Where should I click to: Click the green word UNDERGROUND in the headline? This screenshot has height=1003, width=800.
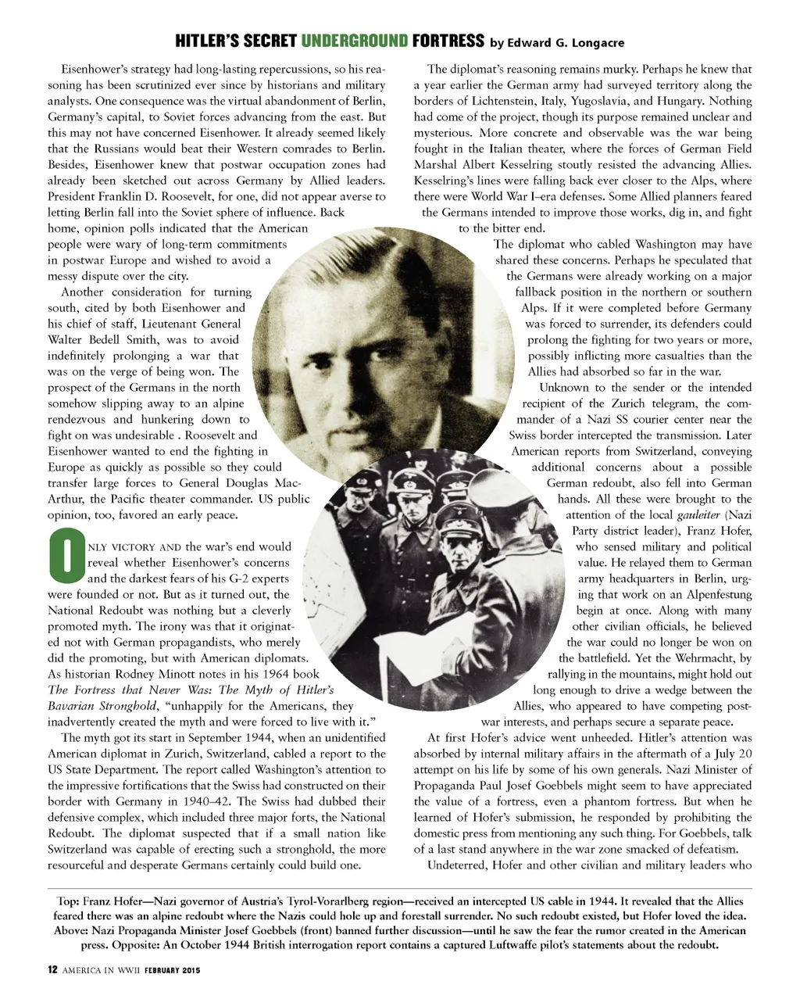tap(354, 41)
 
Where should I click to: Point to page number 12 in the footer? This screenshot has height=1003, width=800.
tap(52, 970)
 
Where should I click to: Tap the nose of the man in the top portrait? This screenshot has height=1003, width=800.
tap(371, 357)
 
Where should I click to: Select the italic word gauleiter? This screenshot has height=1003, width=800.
tap(698, 514)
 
